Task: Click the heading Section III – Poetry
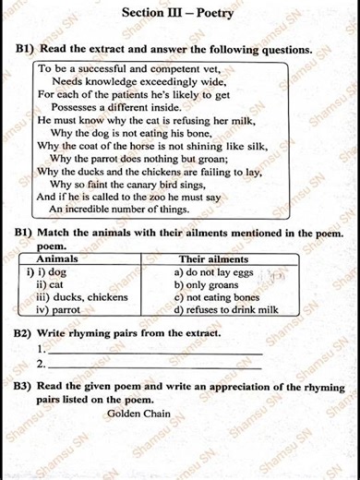point(178,14)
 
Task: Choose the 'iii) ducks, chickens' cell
point(80,298)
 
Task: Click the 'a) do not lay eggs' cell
point(215,273)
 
